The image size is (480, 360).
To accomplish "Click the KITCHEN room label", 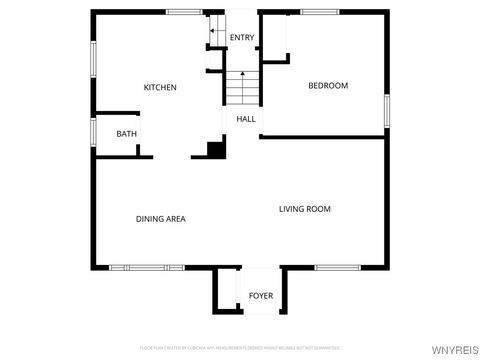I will [160, 88].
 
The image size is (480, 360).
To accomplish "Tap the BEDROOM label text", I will [328, 86].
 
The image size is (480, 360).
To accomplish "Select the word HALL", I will [246, 119].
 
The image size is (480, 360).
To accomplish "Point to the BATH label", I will [126, 134].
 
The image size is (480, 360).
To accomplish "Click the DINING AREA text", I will [161, 218].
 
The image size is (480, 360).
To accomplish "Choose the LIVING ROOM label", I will [305, 209].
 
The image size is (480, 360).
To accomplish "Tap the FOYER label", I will [260, 296].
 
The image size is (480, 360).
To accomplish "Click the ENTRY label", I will [242, 38].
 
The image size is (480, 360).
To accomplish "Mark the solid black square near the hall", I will [214, 150].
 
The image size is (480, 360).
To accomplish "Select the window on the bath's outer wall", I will [93, 131].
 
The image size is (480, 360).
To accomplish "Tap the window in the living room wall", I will [332, 267].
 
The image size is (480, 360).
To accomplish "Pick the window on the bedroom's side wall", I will [386, 109].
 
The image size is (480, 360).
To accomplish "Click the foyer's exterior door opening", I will [260, 313].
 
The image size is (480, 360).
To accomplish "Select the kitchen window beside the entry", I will [185, 12].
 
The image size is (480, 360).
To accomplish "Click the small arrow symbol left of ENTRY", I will [213, 33].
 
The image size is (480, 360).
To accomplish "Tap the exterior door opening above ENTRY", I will [242, 12].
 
